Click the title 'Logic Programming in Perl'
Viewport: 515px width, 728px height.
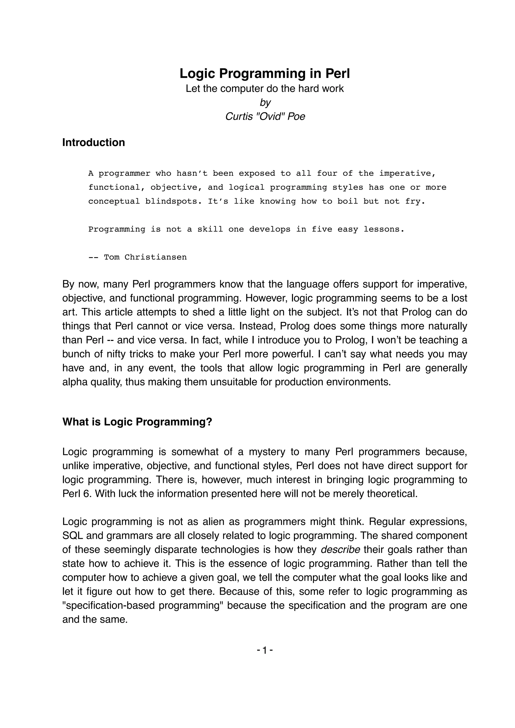tap(265, 74)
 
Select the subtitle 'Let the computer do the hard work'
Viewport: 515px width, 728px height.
tap(265, 88)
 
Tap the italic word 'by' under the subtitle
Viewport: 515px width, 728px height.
tap(265, 102)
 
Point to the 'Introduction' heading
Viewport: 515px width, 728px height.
tap(94, 142)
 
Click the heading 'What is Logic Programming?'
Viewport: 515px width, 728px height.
tap(137, 422)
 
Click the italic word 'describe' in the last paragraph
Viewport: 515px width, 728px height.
tap(340, 549)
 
